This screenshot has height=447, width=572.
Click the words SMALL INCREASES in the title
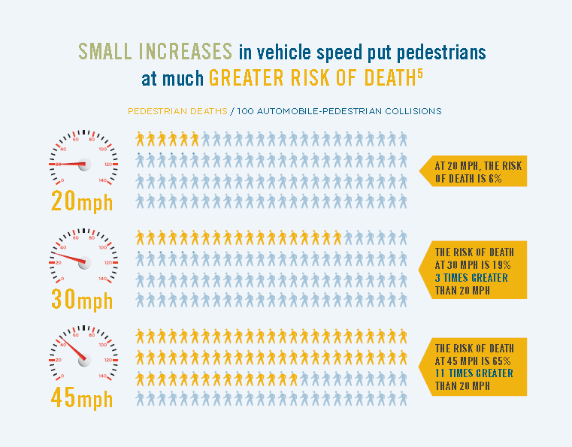155,52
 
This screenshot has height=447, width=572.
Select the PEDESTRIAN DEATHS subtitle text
177,111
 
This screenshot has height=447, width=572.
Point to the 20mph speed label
82,201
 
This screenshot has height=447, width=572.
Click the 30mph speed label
82,300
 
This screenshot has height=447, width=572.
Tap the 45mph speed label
82,397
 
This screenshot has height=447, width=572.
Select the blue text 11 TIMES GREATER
474,373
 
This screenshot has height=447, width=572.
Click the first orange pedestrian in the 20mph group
140,139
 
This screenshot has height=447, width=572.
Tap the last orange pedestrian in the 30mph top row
337,237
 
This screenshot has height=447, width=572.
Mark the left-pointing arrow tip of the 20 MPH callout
421,172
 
